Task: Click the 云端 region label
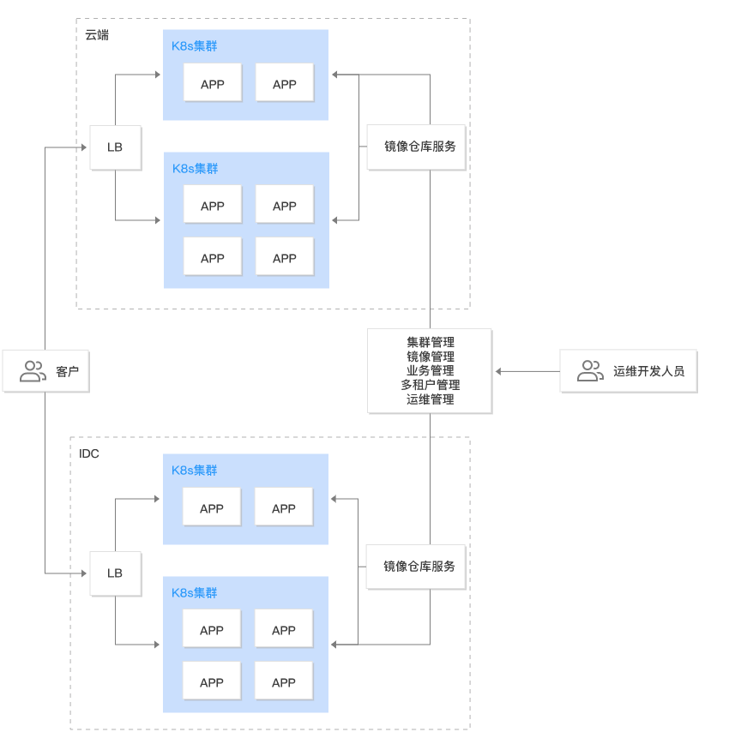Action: (97, 35)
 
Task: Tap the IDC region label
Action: (89, 453)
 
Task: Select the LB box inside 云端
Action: (115, 147)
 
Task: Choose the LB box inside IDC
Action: (115, 573)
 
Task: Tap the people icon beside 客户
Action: (33, 371)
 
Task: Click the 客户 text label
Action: (67, 372)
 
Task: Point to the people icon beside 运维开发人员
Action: (590, 371)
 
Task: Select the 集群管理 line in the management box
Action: (430, 342)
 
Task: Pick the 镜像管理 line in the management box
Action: (430, 357)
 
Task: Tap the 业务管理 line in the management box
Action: (430, 370)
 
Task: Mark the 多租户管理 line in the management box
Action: (430, 385)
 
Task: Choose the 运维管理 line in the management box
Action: (430, 399)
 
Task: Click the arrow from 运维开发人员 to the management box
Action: (526, 372)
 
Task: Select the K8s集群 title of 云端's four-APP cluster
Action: (195, 169)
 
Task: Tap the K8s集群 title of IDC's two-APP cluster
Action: (195, 470)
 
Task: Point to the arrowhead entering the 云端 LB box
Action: (86, 147)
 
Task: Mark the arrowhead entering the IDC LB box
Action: (86, 573)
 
